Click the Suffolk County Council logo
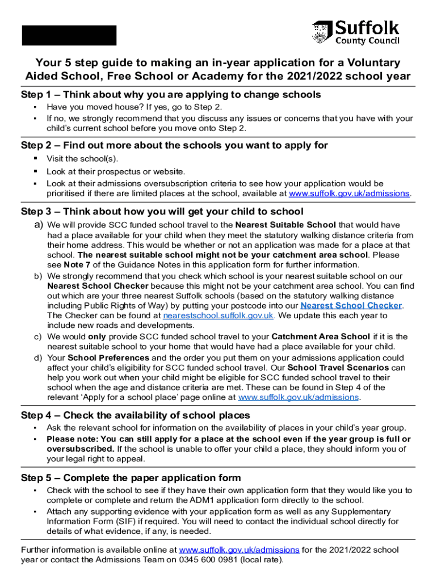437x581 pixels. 355,33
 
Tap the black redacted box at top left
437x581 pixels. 69,35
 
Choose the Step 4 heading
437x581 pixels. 135,415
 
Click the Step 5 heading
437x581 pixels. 131,478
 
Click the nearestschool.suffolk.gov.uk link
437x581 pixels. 218,315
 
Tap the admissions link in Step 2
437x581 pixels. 349,193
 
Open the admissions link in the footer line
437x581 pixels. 239,550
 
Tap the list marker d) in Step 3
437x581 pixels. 38,357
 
